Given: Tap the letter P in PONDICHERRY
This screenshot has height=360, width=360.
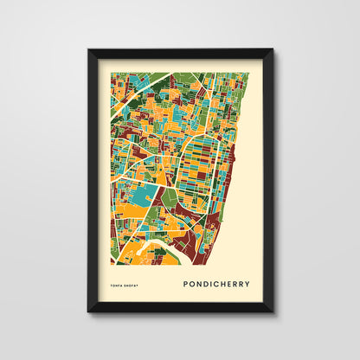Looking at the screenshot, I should (x=185, y=282).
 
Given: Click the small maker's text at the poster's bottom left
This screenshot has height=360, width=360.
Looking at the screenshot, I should (x=125, y=283).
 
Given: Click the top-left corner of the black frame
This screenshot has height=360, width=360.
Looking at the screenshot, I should (x=88, y=50).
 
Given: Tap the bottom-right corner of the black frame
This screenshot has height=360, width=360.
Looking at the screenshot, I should (x=272, y=311).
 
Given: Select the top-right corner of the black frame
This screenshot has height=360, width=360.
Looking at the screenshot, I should (x=272, y=50).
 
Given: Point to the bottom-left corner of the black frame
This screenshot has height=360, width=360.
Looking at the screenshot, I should (x=88, y=311).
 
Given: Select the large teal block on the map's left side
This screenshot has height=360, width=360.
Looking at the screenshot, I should (x=145, y=196).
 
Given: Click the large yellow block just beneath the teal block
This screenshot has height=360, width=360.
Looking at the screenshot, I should (x=138, y=213).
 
